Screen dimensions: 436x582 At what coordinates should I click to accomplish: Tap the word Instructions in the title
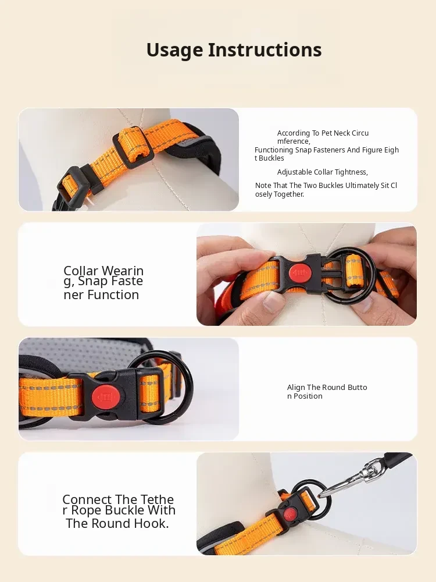[x=265, y=49]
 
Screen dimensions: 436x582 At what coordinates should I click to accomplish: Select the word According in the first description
[x=293, y=133]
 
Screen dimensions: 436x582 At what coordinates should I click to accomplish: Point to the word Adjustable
[x=294, y=172]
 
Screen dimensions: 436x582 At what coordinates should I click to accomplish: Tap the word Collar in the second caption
[x=81, y=271]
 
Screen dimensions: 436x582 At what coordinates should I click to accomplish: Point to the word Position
[x=308, y=396]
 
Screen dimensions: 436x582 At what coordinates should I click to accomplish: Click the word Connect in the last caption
[x=87, y=499]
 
